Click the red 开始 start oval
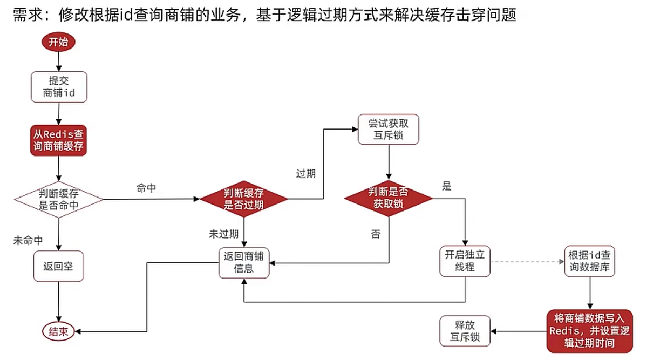[58, 43]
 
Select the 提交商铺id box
[58, 87]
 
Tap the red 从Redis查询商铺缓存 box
[58, 140]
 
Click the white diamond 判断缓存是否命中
[58, 199]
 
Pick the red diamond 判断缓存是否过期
[244, 199]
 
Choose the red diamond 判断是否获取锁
[388, 199]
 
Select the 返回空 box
[58, 266]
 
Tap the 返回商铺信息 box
[244, 263]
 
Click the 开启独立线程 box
[464, 261]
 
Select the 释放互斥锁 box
[465, 331]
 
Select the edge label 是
[446, 187]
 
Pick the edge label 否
[375, 234]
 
